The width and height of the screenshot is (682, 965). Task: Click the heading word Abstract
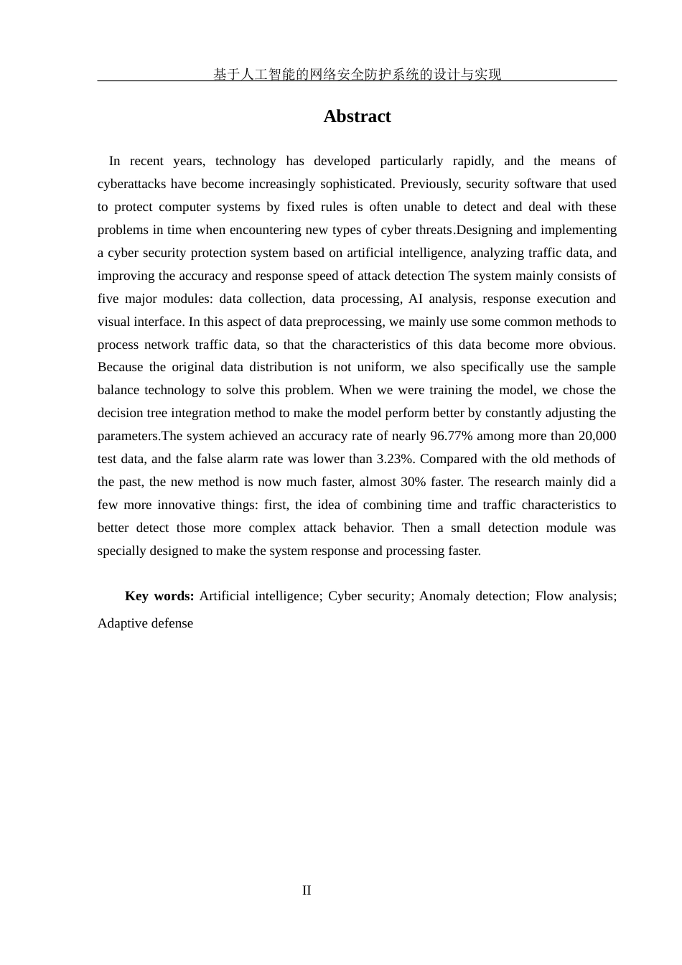click(x=357, y=116)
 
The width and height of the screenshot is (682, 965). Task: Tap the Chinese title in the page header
click(x=357, y=74)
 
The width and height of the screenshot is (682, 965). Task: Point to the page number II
click(x=307, y=890)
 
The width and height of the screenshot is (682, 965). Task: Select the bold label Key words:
click(x=159, y=596)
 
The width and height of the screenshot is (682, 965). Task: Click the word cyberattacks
click(x=134, y=184)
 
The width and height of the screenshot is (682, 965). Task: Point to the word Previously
click(x=429, y=184)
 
